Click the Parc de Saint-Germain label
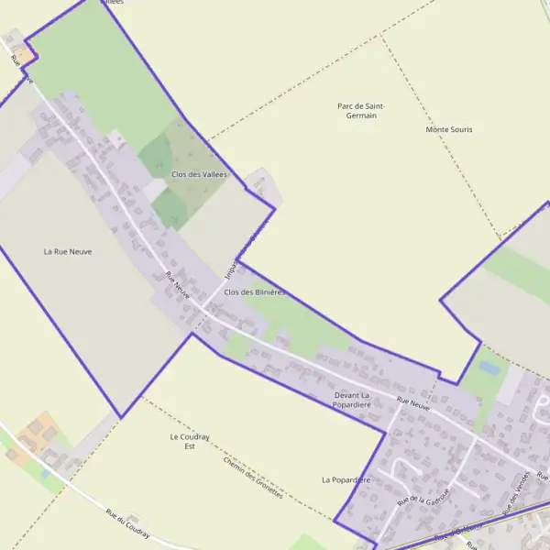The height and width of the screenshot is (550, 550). point(361,111)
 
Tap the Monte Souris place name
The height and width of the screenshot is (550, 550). point(449,129)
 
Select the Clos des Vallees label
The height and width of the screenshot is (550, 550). point(199,174)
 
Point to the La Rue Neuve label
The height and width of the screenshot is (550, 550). point(68,250)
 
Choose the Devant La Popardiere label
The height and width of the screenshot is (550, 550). point(351,400)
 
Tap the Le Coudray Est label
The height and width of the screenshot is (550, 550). point(190,442)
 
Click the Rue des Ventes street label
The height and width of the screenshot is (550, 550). point(518,492)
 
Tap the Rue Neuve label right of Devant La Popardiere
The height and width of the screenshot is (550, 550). point(413,402)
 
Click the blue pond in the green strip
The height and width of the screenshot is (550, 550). point(489,368)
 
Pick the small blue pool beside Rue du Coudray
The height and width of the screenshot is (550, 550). point(45,474)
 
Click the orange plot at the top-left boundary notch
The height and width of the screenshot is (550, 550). point(28,54)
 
